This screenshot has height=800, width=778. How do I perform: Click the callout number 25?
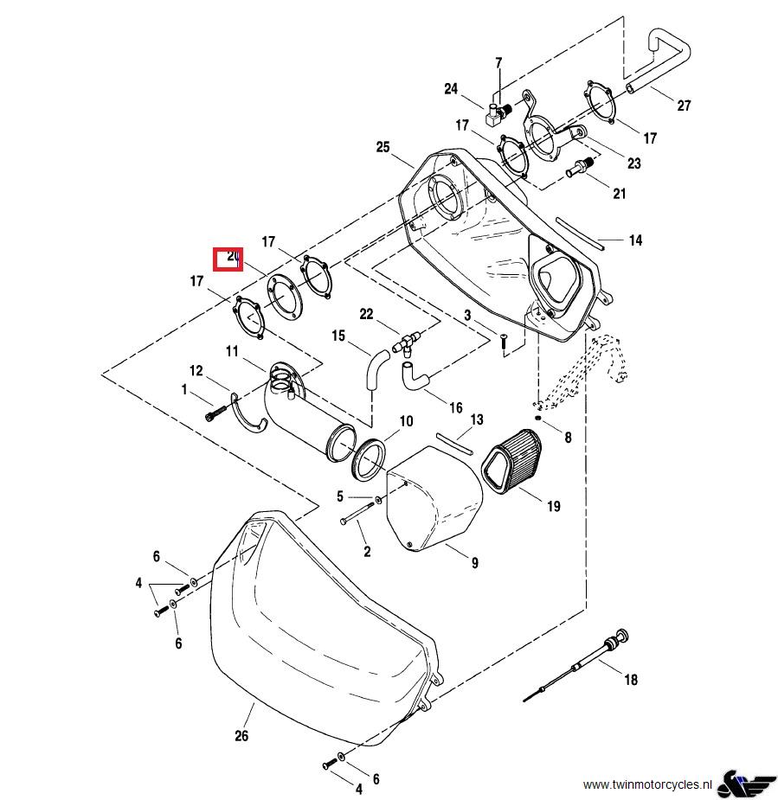(383, 147)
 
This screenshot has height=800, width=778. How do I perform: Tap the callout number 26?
(241, 736)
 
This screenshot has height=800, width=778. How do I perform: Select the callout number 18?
(631, 680)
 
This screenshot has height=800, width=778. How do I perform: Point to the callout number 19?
(553, 507)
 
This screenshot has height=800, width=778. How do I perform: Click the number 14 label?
(635, 240)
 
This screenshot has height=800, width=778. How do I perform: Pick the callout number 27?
(685, 106)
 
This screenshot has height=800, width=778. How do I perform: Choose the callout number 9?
(475, 563)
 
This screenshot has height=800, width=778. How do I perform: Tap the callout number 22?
(366, 313)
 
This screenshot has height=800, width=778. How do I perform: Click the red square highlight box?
(228, 258)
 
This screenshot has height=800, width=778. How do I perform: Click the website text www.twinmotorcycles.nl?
(647, 784)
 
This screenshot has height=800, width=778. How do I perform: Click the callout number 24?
(451, 89)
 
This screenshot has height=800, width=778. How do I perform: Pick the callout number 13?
(477, 420)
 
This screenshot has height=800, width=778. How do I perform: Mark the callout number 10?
(406, 422)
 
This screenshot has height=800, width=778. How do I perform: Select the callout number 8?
(568, 438)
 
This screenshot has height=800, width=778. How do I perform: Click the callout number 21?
(619, 194)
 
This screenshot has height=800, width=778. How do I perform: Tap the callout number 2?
(367, 551)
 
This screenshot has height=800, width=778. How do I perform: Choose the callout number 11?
(232, 351)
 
